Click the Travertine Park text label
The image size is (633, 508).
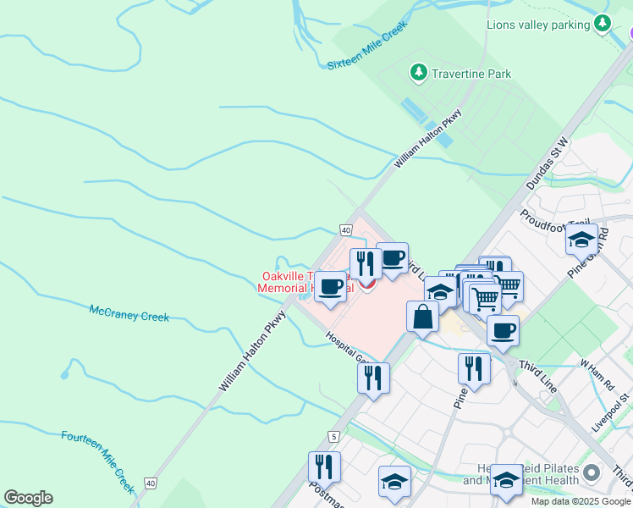(x=472, y=74)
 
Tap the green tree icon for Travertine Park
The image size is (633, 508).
(x=418, y=74)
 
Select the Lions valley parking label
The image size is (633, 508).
(x=537, y=25)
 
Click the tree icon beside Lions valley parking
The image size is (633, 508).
(x=603, y=24)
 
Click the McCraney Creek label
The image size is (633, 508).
(x=129, y=313)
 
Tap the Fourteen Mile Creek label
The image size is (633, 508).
(x=98, y=461)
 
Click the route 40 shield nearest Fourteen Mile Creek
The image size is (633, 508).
(x=151, y=483)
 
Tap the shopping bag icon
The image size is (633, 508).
(x=422, y=317)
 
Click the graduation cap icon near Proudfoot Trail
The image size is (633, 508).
(x=581, y=240)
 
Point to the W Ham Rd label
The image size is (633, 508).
(x=596, y=374)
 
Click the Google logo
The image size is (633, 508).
(x=28, y=497)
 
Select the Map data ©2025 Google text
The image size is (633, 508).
(x=581, y=501)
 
